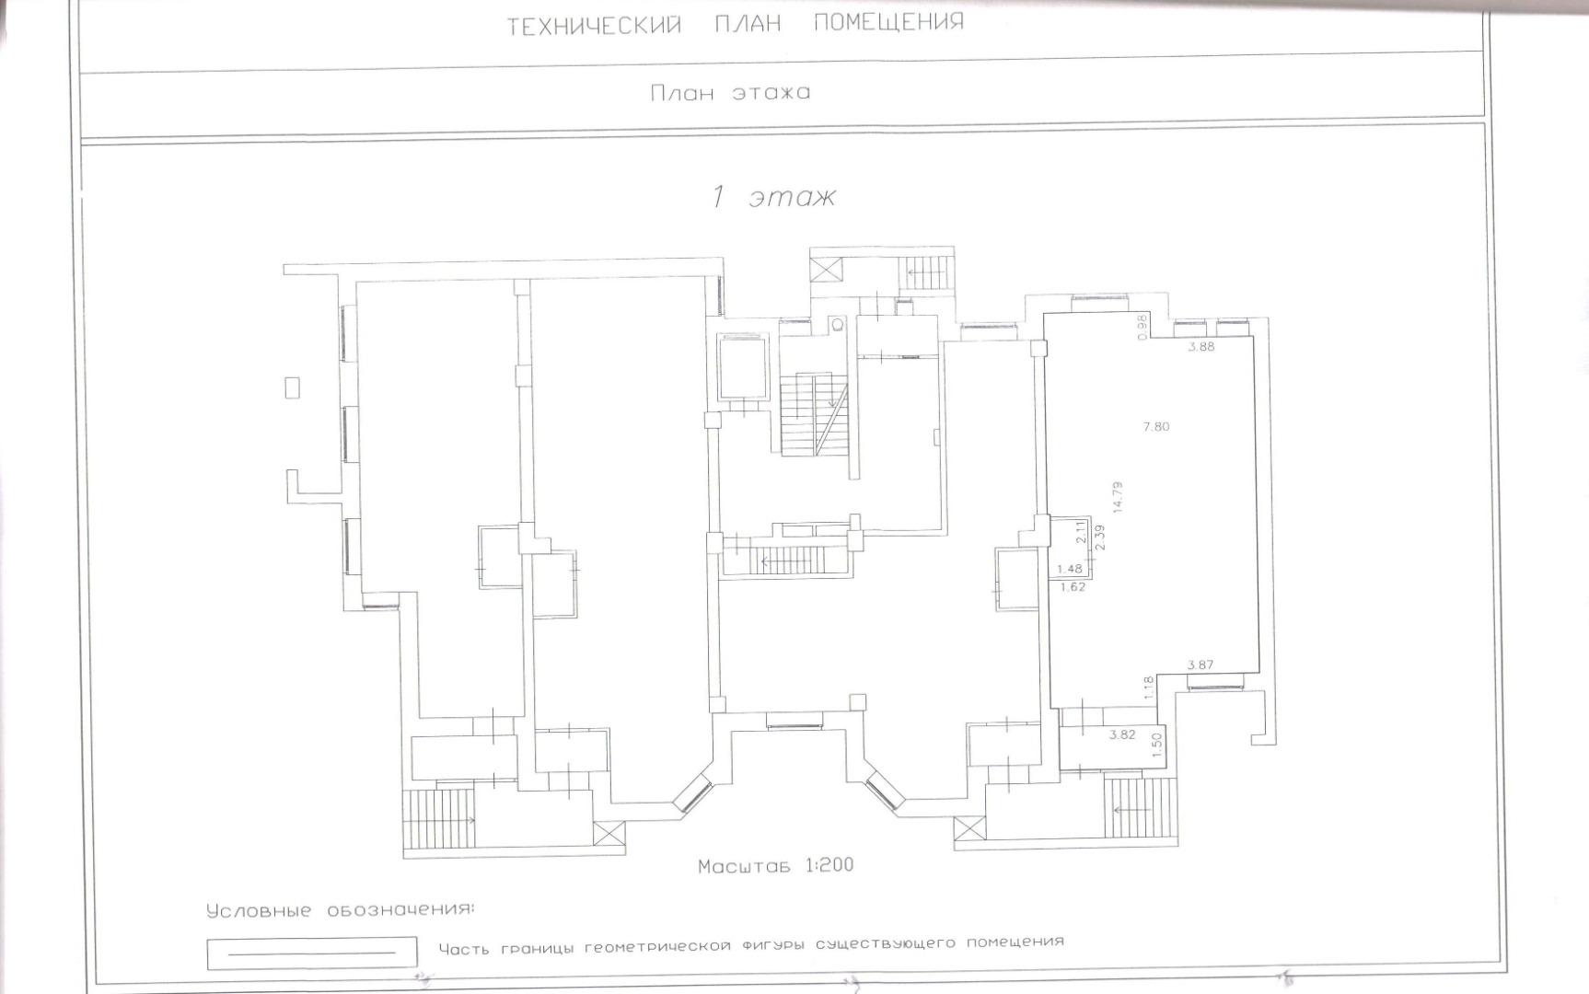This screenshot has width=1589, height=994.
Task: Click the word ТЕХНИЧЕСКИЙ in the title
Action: [x=594, y=25]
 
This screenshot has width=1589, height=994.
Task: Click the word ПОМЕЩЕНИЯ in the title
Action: [x=888, y=22]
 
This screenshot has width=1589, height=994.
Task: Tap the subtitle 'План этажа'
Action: [x=730, y=92]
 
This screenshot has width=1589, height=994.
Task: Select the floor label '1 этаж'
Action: [x=773, y=197]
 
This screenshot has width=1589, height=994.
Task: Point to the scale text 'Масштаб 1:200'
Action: [x=775, y=865]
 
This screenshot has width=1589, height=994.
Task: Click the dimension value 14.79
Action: [x=1118, y=496]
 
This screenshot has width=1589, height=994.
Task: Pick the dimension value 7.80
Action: [x=1155, y=426]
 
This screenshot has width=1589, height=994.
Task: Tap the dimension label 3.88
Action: [x=1201, y=347]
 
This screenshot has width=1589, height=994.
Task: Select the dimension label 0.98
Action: [x=1142, y=328]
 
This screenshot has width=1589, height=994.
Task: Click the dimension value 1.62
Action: [x=1073, y=586]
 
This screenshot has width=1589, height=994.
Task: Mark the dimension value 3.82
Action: [x=1122, y=734]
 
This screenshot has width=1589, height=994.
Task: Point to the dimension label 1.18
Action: [x=1148, y=688]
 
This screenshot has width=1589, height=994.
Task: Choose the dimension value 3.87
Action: [x=1200, y=665]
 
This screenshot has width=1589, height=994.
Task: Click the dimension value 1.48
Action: [x=1069, y=569]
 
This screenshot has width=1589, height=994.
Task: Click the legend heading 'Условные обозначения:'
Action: [x=341, y=911]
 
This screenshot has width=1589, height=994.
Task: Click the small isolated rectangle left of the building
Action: [x=292, y=387]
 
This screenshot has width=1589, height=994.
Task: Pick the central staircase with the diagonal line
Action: [x=815, y=414]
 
